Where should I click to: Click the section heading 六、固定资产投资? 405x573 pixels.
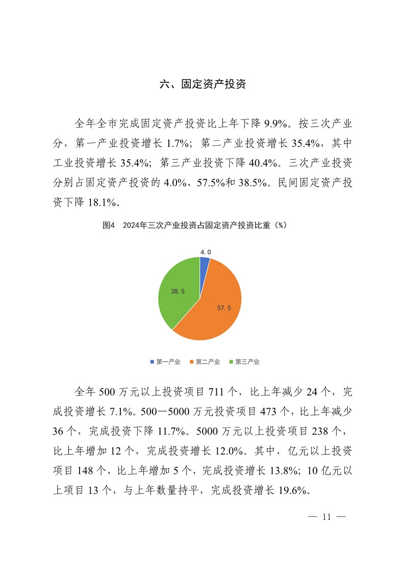pyautogui.click(x=202, y=85)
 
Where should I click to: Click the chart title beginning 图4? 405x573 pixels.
pyautogui.click(x=195, y=225)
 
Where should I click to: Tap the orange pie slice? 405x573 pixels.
pyautogui.click(x=214, y=311)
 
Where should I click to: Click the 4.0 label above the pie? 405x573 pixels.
pyautogui.click(x=205, y=252)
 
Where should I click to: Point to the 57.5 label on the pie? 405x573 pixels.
pyautogui.click(x=224, y=308)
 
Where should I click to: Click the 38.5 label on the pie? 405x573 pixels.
pyautogui.click(x=178, y=291)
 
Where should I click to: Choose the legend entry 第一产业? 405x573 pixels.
pyautogui.click(x=165, y=362)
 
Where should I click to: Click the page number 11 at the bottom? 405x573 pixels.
pyautogui.click(x=327, y=517)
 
